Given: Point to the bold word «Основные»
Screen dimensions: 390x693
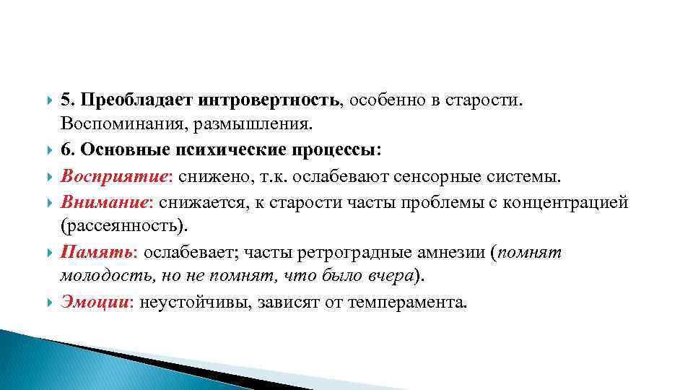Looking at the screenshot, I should click(121, 149).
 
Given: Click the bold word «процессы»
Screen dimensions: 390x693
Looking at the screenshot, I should click(339, 149).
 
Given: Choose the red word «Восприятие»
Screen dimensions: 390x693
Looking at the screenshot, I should click(101, 175).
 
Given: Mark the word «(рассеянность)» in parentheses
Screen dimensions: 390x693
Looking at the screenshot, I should click(123, 226).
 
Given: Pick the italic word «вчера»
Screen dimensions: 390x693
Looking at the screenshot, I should click(391, 277).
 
